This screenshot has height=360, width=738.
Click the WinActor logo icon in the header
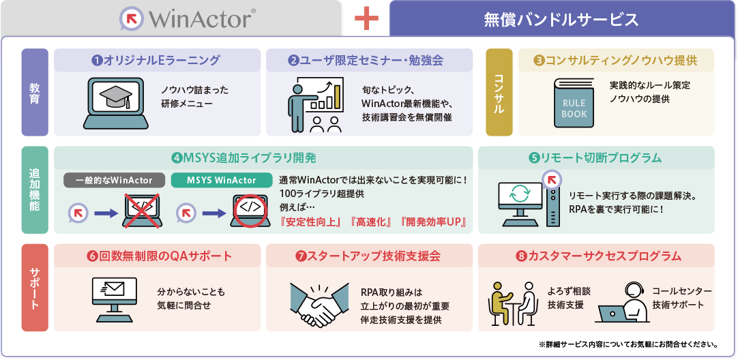(132, 18)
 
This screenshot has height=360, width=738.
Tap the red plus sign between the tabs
(366, 19)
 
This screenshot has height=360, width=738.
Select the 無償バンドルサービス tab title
(561, 19)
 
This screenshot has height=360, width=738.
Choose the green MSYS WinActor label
(222, 181)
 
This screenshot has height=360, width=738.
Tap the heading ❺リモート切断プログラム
(595, 158)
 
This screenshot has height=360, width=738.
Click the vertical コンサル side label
(499, 92)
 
